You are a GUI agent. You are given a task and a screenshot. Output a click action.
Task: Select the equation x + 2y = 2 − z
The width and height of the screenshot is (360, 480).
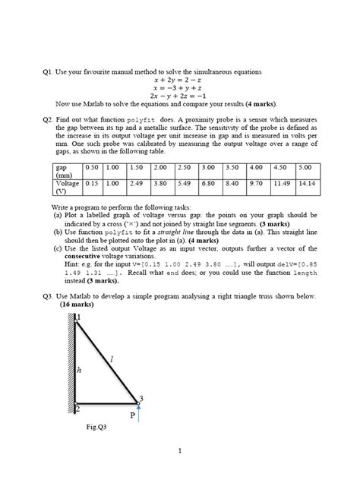click(179, 78)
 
